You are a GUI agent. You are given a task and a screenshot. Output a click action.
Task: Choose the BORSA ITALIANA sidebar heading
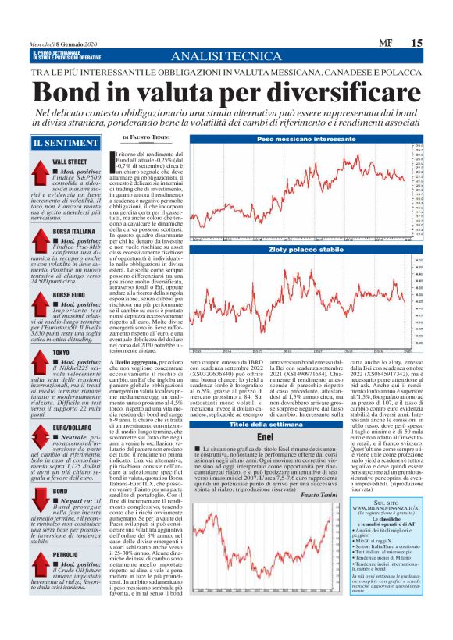pos(74,232)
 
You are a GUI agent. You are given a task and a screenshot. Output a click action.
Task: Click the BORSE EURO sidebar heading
pos(70,293)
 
